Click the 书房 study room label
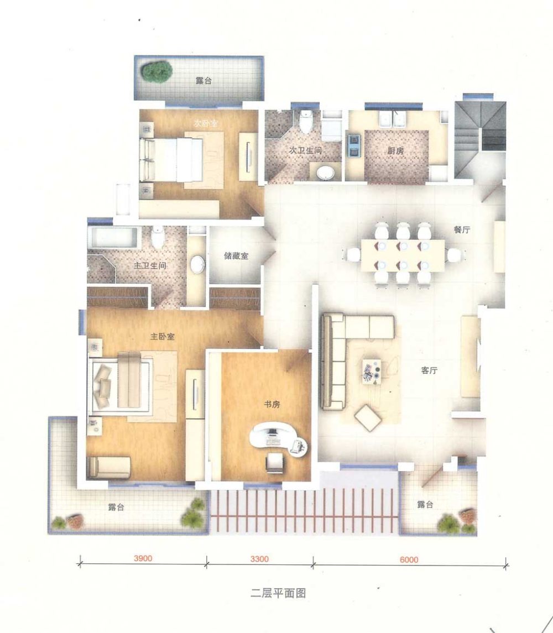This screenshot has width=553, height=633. coord(272,404)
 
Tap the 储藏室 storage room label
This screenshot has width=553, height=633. coord(236,256)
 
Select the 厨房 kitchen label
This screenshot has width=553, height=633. coord(395,151)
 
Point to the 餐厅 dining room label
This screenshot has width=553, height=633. coord(462,230)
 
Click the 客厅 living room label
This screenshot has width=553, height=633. coord(429,370)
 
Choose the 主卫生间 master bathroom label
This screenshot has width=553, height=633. coord(150,265)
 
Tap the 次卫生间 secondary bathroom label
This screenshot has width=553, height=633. coord(305,150)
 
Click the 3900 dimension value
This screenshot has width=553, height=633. coord(143,558)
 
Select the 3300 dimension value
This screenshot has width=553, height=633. coord(259,559)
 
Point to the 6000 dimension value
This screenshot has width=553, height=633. coord(409,559)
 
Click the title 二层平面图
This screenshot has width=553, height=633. coord(278,593)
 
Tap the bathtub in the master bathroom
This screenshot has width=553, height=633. coord(113,238)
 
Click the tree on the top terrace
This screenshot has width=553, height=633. coord(156,72)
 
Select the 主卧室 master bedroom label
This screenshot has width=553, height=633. coord(163,336)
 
